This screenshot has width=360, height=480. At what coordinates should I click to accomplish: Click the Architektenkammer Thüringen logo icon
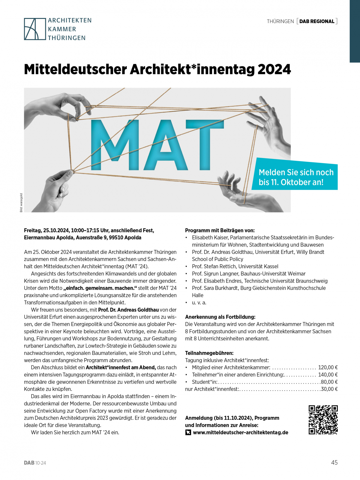click(34, 29)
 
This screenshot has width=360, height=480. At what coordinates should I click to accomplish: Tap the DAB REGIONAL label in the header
click(317, 21)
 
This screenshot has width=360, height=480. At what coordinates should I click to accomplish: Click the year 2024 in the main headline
click(274, 70)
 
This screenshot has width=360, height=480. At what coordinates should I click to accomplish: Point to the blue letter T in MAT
click(205, 144)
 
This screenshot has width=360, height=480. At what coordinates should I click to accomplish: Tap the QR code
click(323, 420)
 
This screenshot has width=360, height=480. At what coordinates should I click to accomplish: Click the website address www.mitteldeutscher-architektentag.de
click(240, 433)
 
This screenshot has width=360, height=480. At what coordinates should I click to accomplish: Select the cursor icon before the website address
click(188, 433)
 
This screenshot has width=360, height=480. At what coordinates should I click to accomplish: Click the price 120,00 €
click(328, 367)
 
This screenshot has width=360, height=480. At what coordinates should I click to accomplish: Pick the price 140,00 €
click(328, 375)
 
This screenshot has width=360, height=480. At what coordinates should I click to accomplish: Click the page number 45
click(334, 463)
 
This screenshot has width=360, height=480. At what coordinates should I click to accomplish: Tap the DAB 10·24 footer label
click(35, 463)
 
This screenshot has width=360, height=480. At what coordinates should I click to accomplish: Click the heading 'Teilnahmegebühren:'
click(209, 353)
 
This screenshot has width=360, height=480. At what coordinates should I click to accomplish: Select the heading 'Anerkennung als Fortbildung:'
click(220, 317)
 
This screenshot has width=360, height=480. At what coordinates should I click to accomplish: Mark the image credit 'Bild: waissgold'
click(21, 203)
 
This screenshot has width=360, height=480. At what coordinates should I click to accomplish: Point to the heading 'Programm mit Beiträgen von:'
click(220, 230)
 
